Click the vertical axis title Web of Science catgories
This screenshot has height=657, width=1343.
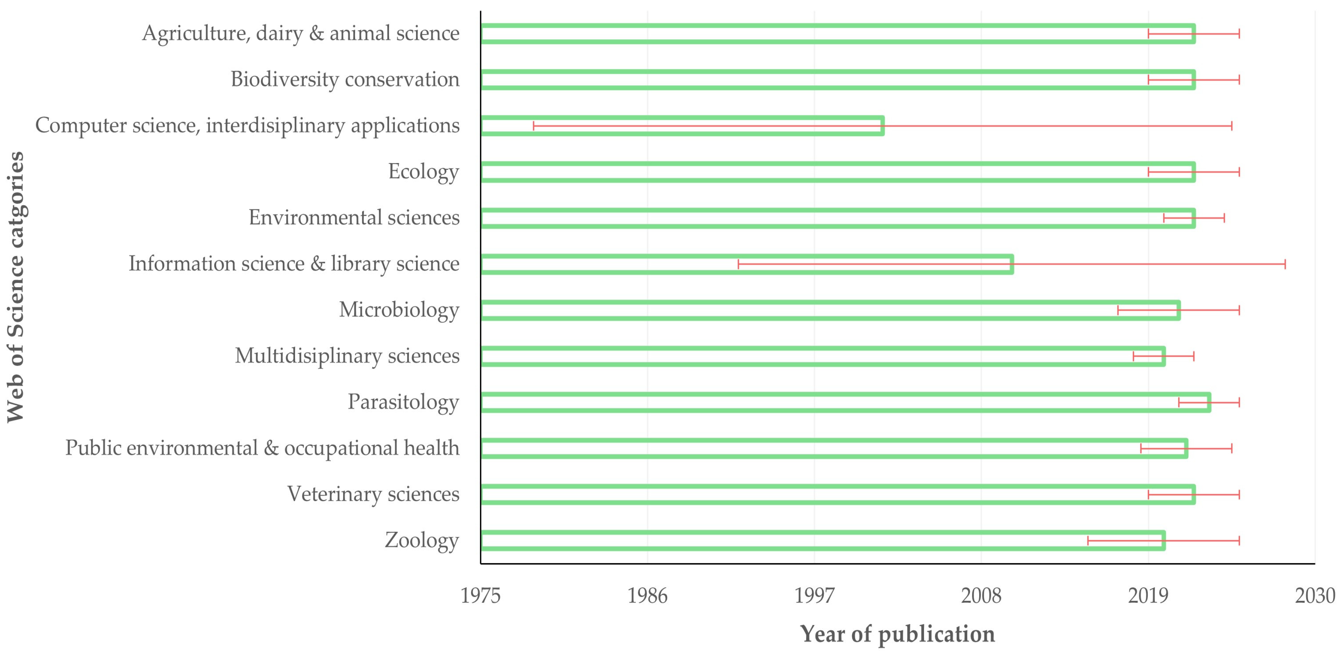[x=16, y=287]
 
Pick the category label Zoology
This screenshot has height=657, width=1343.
[x=422, y=540]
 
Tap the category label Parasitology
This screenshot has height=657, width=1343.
[x=403, y=402]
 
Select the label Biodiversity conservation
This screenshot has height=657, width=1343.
[x=345, y=79]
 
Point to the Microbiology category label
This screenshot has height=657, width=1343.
[x=399, y=309]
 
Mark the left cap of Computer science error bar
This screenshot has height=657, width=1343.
[x=533, y=126]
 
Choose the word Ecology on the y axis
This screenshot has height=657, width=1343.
[x=423, y=172]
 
